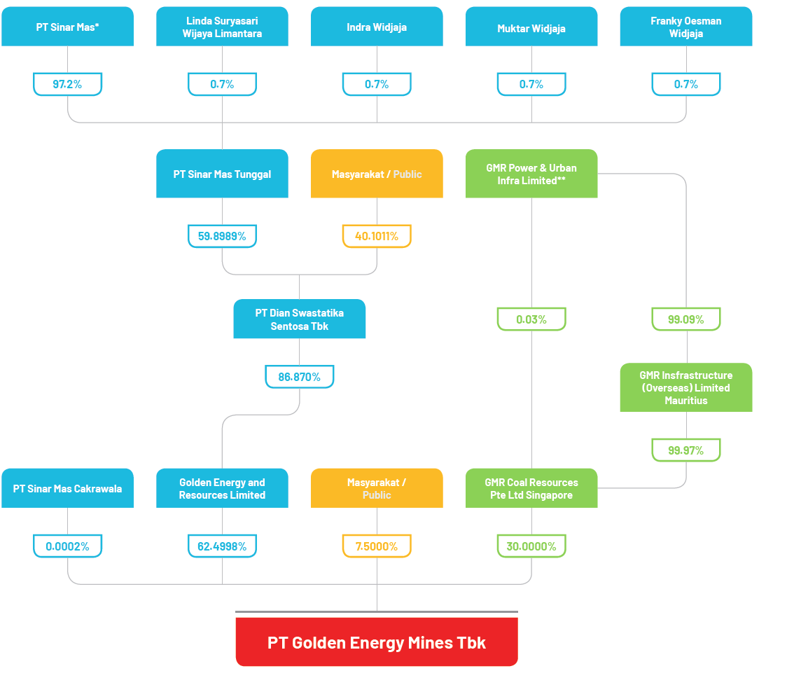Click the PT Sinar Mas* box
click(67, 27)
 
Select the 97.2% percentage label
click(67, 84)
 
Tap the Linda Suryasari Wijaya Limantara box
click(222, 27)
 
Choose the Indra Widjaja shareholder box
click(377, 27)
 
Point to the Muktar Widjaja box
click(531, 27)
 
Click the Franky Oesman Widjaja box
click(685, 27)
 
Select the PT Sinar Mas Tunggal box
click(222, 174)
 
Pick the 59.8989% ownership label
click(222, 236)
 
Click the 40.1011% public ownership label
click(377, 236)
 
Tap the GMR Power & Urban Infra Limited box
click(531, 174)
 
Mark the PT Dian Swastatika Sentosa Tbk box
click(299, 319)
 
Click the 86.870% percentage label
click(299, 377)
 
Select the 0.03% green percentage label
click(531, 319)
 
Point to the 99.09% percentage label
click(685, 319)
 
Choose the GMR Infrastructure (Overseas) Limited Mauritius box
click(685, 387)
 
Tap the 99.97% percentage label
click(685, 450)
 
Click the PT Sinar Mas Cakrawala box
click(67, 488)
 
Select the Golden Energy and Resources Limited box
click(222, 488)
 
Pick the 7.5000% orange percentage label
click(377, 546)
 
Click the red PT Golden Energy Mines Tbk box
click(377, 642)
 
